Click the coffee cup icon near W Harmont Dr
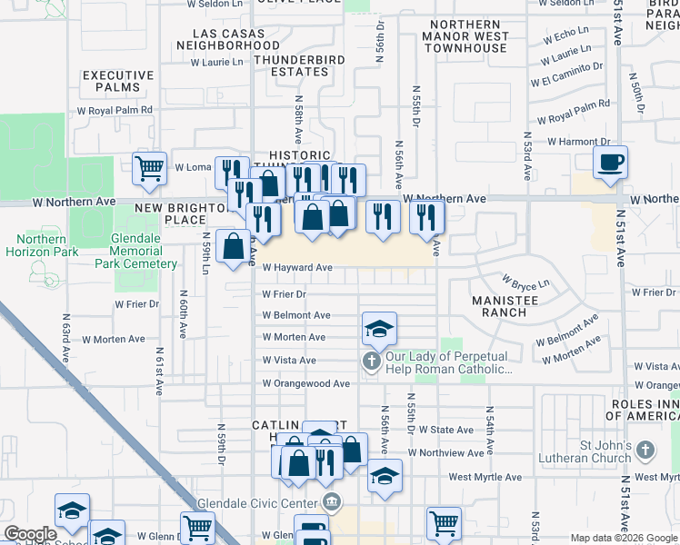click(x=610, y=162)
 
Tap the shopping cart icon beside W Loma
click(x=149, y=167)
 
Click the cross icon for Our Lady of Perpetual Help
click(x=370, y=362)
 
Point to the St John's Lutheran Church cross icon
click(x=645, y=450)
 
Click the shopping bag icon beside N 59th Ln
click(x=234, y=246)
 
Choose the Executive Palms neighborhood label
click(x=118, y=82)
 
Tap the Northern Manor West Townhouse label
click(x=466, y=37)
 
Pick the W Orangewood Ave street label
click(x=305, y=384)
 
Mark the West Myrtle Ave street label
click(x=485, y=477)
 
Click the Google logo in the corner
click(x=31, y=534)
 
